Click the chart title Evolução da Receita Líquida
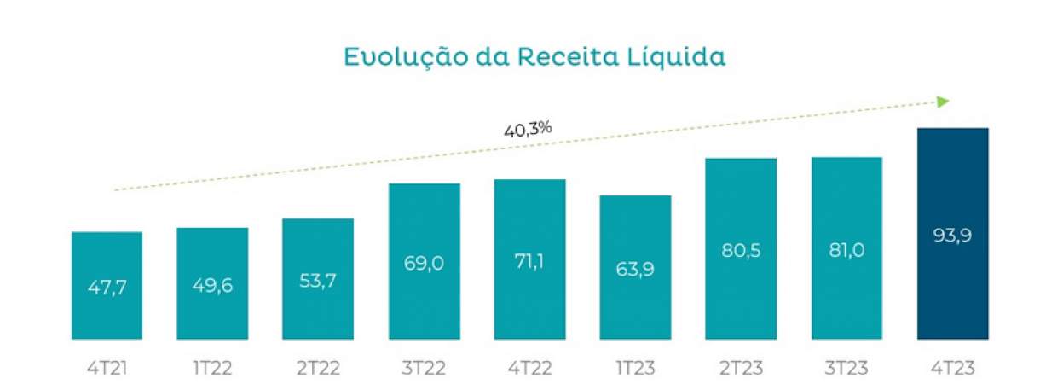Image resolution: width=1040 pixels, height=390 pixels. coord(534,58)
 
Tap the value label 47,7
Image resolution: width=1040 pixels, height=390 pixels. coord(107,287)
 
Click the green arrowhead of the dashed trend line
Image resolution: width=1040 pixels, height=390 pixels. coord(943,102)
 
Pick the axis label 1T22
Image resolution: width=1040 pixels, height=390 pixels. coord(212,369)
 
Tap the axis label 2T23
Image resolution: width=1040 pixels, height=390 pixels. coord(741,369)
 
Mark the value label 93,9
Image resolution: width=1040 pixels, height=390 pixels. coord(952,235)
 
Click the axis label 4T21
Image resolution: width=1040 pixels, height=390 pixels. coord(107,369)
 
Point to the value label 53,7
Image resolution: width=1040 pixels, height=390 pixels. coord(318,279)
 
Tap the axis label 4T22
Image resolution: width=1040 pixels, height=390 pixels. coord(529,369)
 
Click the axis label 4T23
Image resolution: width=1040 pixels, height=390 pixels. coord(952,369)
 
